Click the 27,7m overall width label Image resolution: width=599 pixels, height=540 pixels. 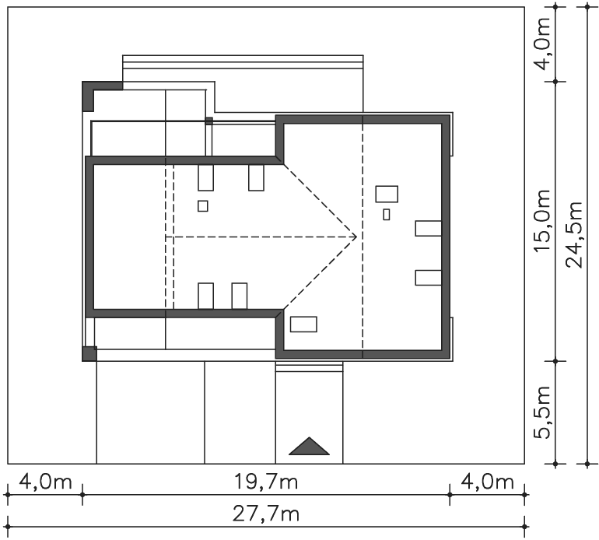pos(266,514)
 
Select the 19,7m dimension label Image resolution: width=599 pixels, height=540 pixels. pos(266,482)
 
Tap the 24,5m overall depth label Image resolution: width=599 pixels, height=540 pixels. pos(575,235)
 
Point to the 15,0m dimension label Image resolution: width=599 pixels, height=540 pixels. pos(542,220)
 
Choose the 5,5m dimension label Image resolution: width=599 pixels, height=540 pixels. pos(542,412)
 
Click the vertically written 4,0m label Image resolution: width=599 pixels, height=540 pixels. pos(542,44)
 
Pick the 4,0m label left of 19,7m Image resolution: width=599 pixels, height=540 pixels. pos(45,482)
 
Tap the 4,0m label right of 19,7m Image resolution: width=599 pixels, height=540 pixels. pos(487,482)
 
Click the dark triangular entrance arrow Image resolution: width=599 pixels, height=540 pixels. pos(309,447)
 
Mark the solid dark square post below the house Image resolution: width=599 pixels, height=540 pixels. pos(89,353)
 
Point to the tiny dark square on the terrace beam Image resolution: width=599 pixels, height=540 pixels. pos(208,121)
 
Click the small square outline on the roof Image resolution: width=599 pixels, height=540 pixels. pos(203,206)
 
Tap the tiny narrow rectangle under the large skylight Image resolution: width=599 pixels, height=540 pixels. pos(387,215)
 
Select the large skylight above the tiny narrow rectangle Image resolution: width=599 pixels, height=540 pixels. pos(387,195)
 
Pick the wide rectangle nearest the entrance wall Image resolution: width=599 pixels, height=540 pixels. pos(303,324)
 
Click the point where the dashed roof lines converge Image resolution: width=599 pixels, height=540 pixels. pos(356,237)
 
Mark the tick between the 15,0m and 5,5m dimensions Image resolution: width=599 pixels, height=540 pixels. pos(556,361)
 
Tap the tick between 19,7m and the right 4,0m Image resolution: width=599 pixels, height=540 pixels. pos(450,495)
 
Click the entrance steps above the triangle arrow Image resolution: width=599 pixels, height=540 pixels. pos(309,367)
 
